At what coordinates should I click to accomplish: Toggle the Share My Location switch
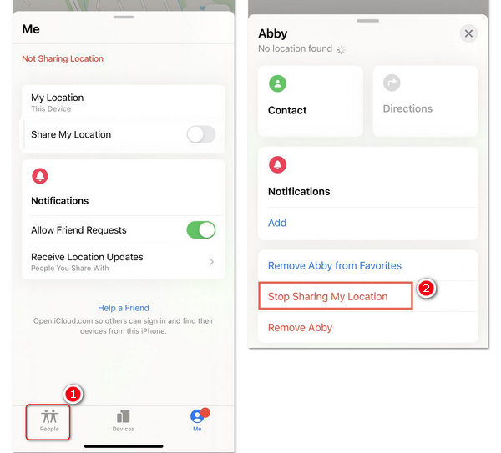pos(201,134)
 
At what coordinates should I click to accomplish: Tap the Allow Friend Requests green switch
pos(201,230)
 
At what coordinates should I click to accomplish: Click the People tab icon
pos(49,416)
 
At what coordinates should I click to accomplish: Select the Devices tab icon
pos(124,416)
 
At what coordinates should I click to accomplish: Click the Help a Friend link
pos(124,308)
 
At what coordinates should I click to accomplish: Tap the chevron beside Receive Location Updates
pos(211,262)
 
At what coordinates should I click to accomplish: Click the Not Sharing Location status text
pos(63,58)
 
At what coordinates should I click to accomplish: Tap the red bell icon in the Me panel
pos(40,176)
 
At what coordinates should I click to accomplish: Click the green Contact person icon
pos(278,83)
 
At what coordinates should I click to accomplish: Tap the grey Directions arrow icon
pos(392,83)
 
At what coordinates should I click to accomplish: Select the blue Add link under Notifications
pos(277,223)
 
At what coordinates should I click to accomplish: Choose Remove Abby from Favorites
pos(335,265)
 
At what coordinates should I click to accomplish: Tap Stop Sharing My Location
pos(328,296)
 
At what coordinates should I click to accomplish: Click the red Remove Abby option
pos(300,328)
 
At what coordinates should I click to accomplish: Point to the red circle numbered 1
pos(73,395)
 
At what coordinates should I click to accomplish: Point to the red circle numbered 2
pos(426,289)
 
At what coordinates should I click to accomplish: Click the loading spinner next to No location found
pos(341,49)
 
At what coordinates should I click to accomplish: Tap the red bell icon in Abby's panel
pos(278,164)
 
